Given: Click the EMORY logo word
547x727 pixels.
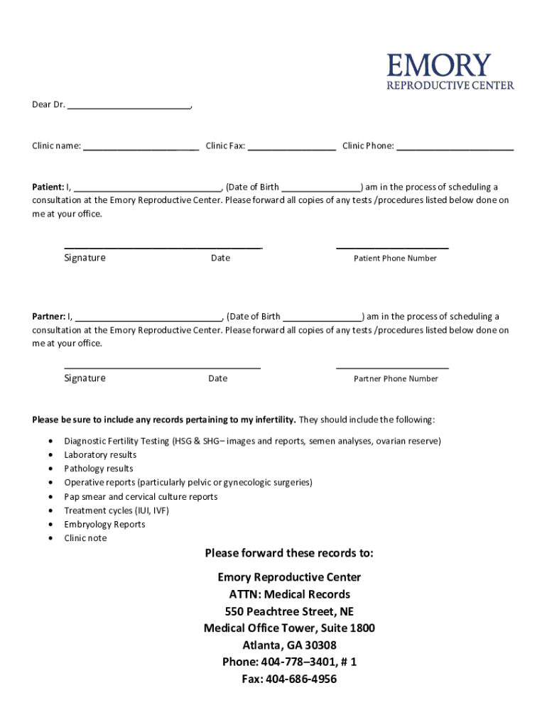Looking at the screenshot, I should click(x=438, y=65).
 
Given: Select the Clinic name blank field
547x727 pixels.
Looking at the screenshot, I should click(x=141, y=148).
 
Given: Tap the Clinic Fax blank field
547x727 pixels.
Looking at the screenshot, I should click(x=291, y=148).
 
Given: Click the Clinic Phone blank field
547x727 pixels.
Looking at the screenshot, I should click(x=455, y=148).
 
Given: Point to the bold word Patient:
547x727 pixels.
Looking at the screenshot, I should click(x=48, y=187).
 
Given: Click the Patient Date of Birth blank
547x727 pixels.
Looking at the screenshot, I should click(x=321, y=189).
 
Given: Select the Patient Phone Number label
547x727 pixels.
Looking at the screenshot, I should click(x=395, y=258).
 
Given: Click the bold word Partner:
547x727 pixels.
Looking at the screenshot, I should click(x=48, y=317).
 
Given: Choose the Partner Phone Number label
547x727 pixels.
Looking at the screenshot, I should click(x=396, y=379).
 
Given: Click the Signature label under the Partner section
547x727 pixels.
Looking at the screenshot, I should click(x=85, y=378).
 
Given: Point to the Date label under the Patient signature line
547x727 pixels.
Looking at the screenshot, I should click(x=220, y=258).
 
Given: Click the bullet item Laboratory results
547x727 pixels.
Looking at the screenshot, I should click(x=100, y=455).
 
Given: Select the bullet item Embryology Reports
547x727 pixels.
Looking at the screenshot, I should click(x=104, y=525).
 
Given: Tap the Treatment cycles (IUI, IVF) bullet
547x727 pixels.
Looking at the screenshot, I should click(x=117, y=510).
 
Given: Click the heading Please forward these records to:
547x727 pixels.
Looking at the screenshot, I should click(x=288, y=553).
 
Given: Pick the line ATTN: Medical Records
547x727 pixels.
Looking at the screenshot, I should click(x=289, y=594).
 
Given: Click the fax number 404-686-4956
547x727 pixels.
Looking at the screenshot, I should click(x=300, y=679).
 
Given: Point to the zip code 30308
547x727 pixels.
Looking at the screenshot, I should click(x=320, y=645).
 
